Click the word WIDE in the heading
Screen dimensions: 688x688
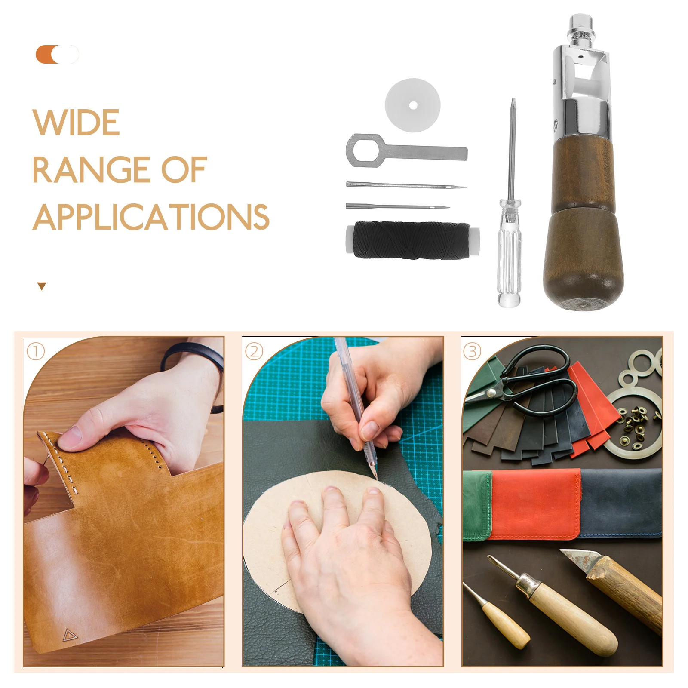tap(76, 123)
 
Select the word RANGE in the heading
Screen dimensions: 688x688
tap(90, 170)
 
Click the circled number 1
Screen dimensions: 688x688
tap(36, 351)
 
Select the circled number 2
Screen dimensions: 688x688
tap(254, 351)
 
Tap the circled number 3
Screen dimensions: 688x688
tap(472, 351)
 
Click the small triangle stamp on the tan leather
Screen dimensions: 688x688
tap(68, 635)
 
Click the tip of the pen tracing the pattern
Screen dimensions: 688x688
tap(376, 477)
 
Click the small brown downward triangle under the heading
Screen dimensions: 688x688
tap(42, 286)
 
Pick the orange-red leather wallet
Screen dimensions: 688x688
tap(535, 504)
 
